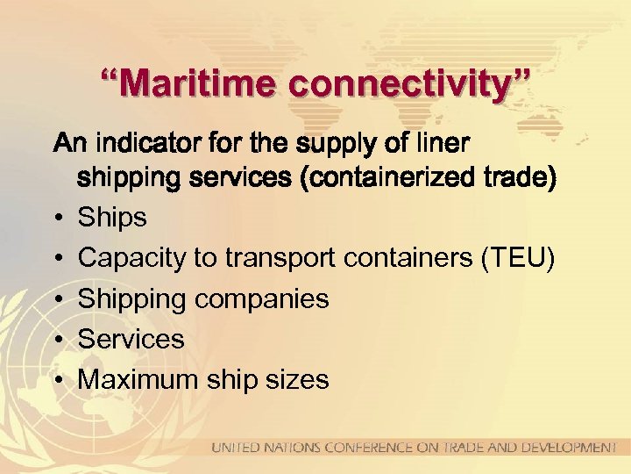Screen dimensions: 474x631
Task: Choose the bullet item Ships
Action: (x=112, y=217)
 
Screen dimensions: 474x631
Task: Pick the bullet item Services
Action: (x=131, y=339)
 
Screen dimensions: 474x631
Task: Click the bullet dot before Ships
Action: (x=57, y=218)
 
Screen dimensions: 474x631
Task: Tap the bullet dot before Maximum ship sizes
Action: (x=57, y=380)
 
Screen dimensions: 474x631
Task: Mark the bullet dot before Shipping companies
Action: (x=57, y=299)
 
